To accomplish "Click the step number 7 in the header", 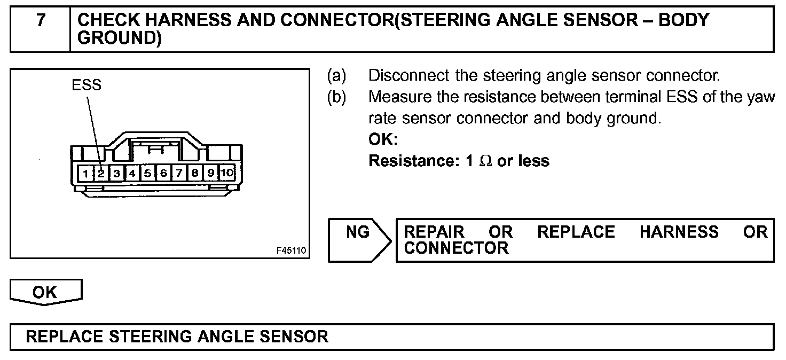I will tap(41, 21).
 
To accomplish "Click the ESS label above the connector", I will tap(87, 85).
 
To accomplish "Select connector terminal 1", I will tap(85, 173).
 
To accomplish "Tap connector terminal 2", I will tap(101, 173).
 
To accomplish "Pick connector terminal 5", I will tap(148, 173).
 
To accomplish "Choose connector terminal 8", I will tap(195, 173).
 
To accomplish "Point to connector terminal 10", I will tap(227, 173).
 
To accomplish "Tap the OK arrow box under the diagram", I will tap(45, 292).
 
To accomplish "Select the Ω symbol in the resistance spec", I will tap(485, 161).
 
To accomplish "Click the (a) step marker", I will tap(337, 76).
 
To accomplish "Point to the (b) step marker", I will tap(337, 97).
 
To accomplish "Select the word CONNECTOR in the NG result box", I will tap(456, 248).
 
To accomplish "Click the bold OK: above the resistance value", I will tap(383, 139).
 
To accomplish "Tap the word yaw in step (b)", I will tap(760, 97).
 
